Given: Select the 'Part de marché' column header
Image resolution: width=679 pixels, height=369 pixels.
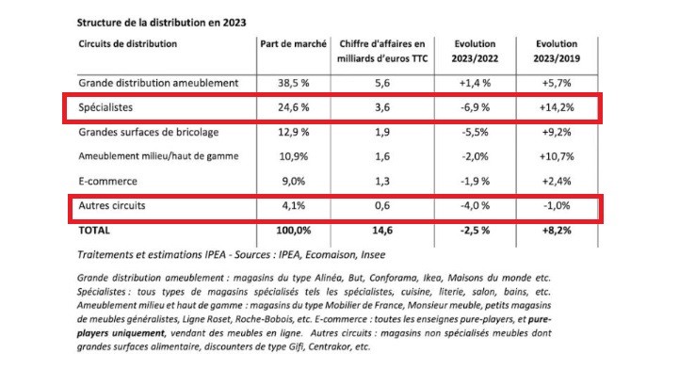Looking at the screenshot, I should [292, 43].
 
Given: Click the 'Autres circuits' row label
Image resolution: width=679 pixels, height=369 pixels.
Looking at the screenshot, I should [115, 205].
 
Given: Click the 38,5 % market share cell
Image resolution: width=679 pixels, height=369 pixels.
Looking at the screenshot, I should [290, 83].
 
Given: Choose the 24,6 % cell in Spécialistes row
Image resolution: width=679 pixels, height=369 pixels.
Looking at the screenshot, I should [290, 108].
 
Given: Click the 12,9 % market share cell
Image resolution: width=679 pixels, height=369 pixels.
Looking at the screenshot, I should [290, 133].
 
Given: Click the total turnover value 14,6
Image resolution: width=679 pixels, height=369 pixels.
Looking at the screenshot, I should [390, 230].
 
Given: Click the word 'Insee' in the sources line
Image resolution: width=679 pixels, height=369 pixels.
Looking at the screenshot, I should [375, 254].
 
